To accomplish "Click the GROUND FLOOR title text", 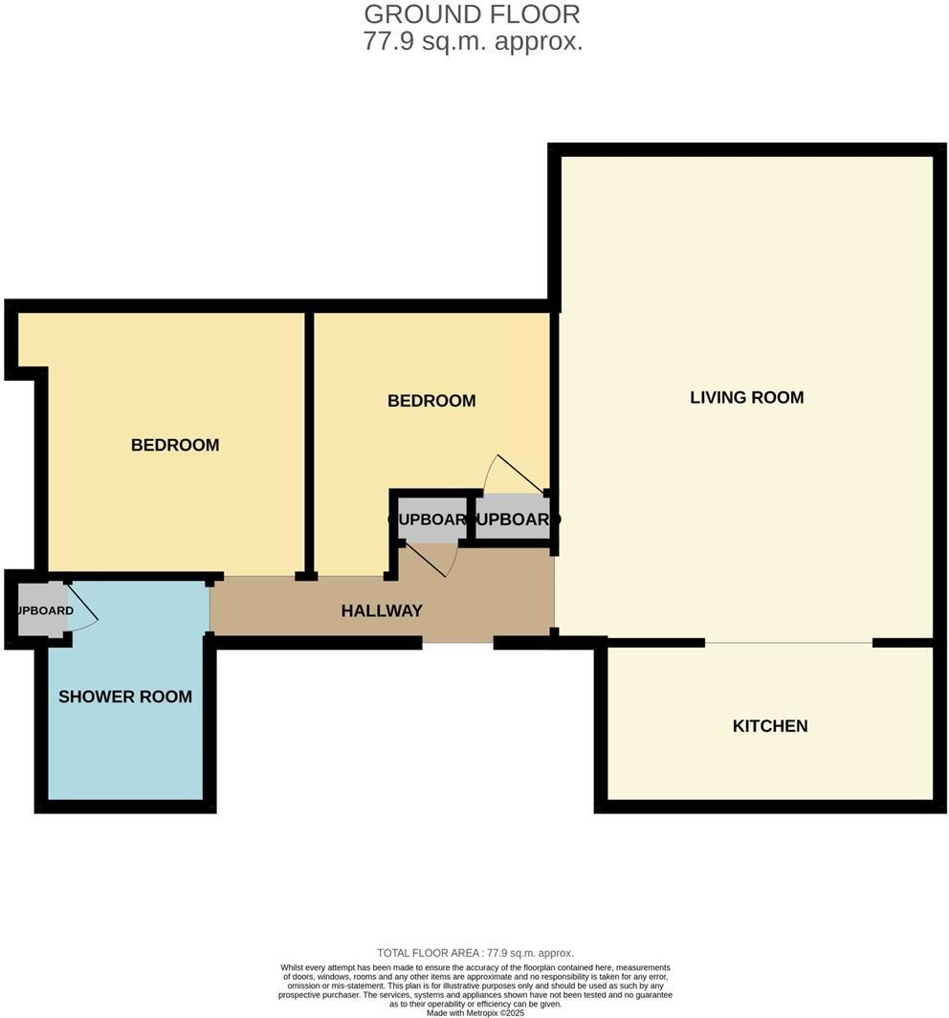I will pyautogui.click(x=472, y=14).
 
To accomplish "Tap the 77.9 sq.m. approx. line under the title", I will pyautogui.click(x=472, y=42).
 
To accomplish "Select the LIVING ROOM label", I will pyautogui.click(x=746, y=397).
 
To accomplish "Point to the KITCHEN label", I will pyautogui.click(x=770, y=726).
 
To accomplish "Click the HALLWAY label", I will pyautogui.click(x=382, y=610).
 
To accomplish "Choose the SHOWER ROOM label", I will pyautogui.click(x=125, y=697).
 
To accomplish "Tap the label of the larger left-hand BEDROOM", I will pyautogui.click(x=175, y=445).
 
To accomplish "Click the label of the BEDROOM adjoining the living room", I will pyautogui.click(x=431, y=401).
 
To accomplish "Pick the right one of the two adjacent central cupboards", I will pyautogui.click(x=512, y=520).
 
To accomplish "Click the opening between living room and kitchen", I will pyautogui.click(x=788, y=643).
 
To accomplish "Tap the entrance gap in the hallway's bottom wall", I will pyautogui.click(x=457, y=643).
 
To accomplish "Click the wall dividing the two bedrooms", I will pyautogui.click(x=309, y=440).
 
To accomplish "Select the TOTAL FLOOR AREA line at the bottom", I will pyautogui.click(x=475, y=953).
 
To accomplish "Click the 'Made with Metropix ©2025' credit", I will pyautogui.click(x=475, y=1012).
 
